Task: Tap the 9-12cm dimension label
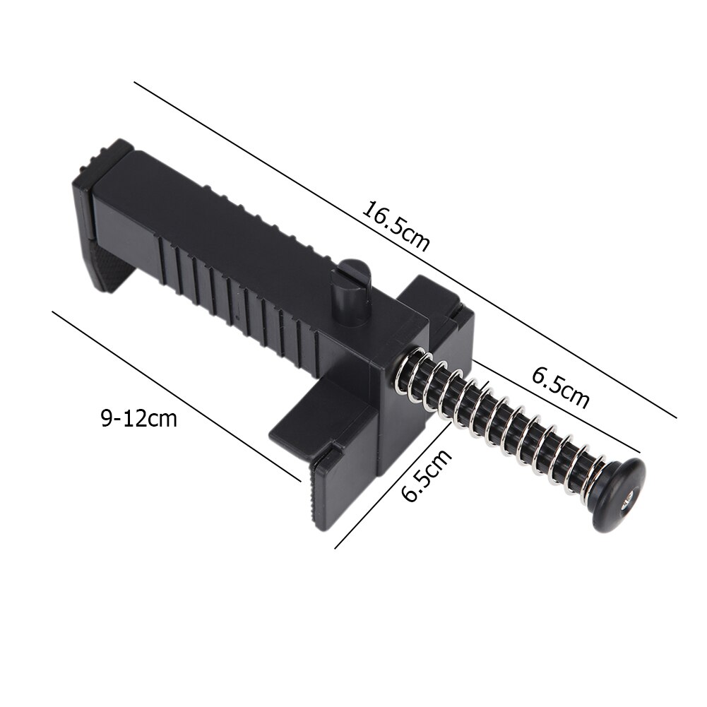(138, 418)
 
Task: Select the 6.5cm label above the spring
(560, 388)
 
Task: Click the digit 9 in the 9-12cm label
(106, 418)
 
